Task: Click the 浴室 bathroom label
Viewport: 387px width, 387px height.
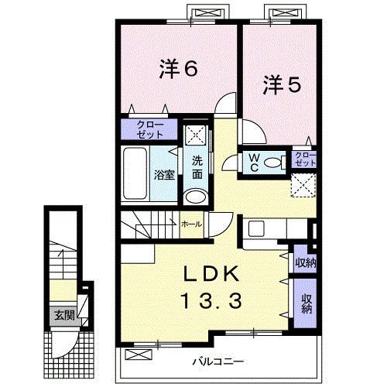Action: (x=163, y=174)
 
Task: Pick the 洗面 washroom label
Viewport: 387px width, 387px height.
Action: (x=198, y=168)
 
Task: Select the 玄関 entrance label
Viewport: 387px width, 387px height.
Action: (x=63, y=315)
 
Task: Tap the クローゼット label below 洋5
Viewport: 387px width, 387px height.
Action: (x=306, y=160)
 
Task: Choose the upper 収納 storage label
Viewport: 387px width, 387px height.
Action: (x=304, y=262)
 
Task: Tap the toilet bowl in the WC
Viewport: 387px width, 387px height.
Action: (x=269, y=163)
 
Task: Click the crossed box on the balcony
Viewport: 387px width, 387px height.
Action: (x=136, y=356)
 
